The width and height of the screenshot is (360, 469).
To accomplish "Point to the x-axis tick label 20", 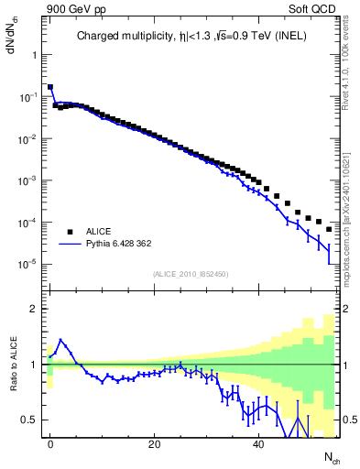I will [155, 442].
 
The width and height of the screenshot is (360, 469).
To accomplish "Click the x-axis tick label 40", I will [259, 442].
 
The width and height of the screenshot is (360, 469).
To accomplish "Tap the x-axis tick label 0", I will [50, 442].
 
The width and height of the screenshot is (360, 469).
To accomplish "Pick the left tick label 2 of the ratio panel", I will [33, 309].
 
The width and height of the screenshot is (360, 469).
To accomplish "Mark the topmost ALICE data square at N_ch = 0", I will [50, 87].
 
